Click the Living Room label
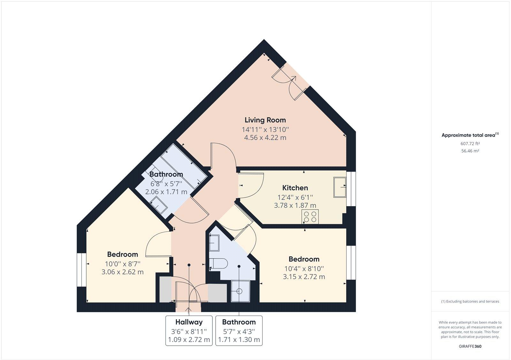click(265, 120)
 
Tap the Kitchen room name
click(295, 188)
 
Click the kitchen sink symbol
click(340, 187)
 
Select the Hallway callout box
click(189, 331)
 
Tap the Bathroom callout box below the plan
click(239, 331)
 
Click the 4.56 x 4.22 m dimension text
click(265, 138)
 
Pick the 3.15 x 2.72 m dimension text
click(304, 277)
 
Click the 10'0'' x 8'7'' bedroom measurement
click(123, 264)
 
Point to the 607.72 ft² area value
click(470, 144)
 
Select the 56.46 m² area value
click(470, 151)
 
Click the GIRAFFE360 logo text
click(470, 346)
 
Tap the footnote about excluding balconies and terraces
click(470, 301)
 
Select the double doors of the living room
click(291, 82)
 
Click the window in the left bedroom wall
click(81, 270)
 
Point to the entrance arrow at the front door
click(188, 309)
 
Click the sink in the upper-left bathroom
click(159, 204)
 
